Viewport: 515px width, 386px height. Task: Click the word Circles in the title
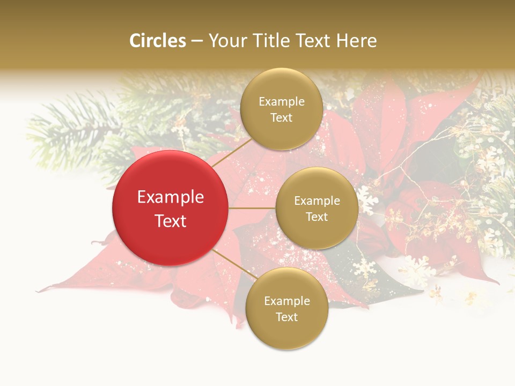[x=158, y=41]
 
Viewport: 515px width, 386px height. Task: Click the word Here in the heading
[x=357, y=41]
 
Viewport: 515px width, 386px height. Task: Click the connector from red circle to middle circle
[x=252, y=208]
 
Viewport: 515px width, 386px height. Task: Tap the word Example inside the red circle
[x=171, y=197]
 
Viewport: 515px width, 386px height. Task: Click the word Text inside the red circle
[x=171, y=221]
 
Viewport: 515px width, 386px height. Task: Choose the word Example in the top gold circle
[x=282, y=101]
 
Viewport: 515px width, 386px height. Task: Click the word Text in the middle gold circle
[x=317, y=217]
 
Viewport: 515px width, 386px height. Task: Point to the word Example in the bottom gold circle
[x=287, y=301]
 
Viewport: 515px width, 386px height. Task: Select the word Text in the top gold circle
[x=282, y=117]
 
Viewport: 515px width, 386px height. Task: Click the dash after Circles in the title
[x=197, y=41]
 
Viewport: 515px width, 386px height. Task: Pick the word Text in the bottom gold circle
[x=287, y=317]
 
